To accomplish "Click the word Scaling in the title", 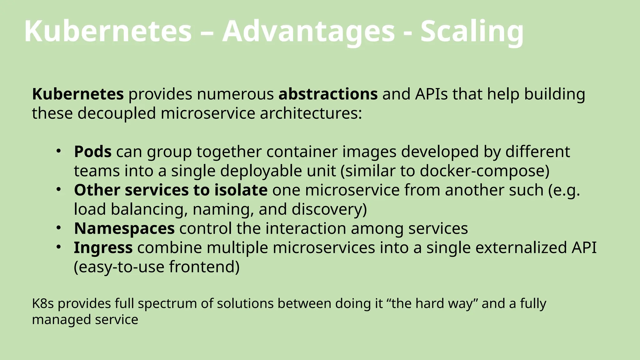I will point(472,31).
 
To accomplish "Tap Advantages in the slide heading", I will point(308,31).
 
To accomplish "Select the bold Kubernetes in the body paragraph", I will point(78,94).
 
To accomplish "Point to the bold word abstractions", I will point(328,94).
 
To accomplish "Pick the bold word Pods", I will point(93,152).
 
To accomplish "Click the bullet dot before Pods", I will point(58,151).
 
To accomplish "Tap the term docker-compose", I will point(482,171).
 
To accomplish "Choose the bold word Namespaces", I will point(124,228).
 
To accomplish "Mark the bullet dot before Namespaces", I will point(58,228).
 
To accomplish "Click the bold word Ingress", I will point(103,248).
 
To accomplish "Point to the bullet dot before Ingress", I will point(58,247).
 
